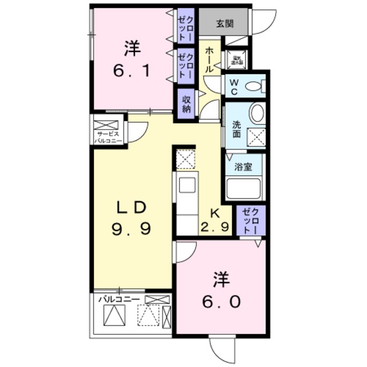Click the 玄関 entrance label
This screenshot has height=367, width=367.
[x=224, y=24]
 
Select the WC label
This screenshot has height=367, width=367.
[x=235, y=88]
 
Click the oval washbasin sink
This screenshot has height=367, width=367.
[x=257, y=113]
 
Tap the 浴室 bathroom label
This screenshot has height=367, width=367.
[x=243, y=168]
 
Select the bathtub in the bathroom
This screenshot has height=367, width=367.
[x=244, y=188]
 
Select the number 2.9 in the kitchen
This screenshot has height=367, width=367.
[x=215, y=227]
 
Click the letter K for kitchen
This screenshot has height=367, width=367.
[x=215, y=212]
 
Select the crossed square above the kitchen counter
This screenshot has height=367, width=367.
[x=186, y=159]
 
